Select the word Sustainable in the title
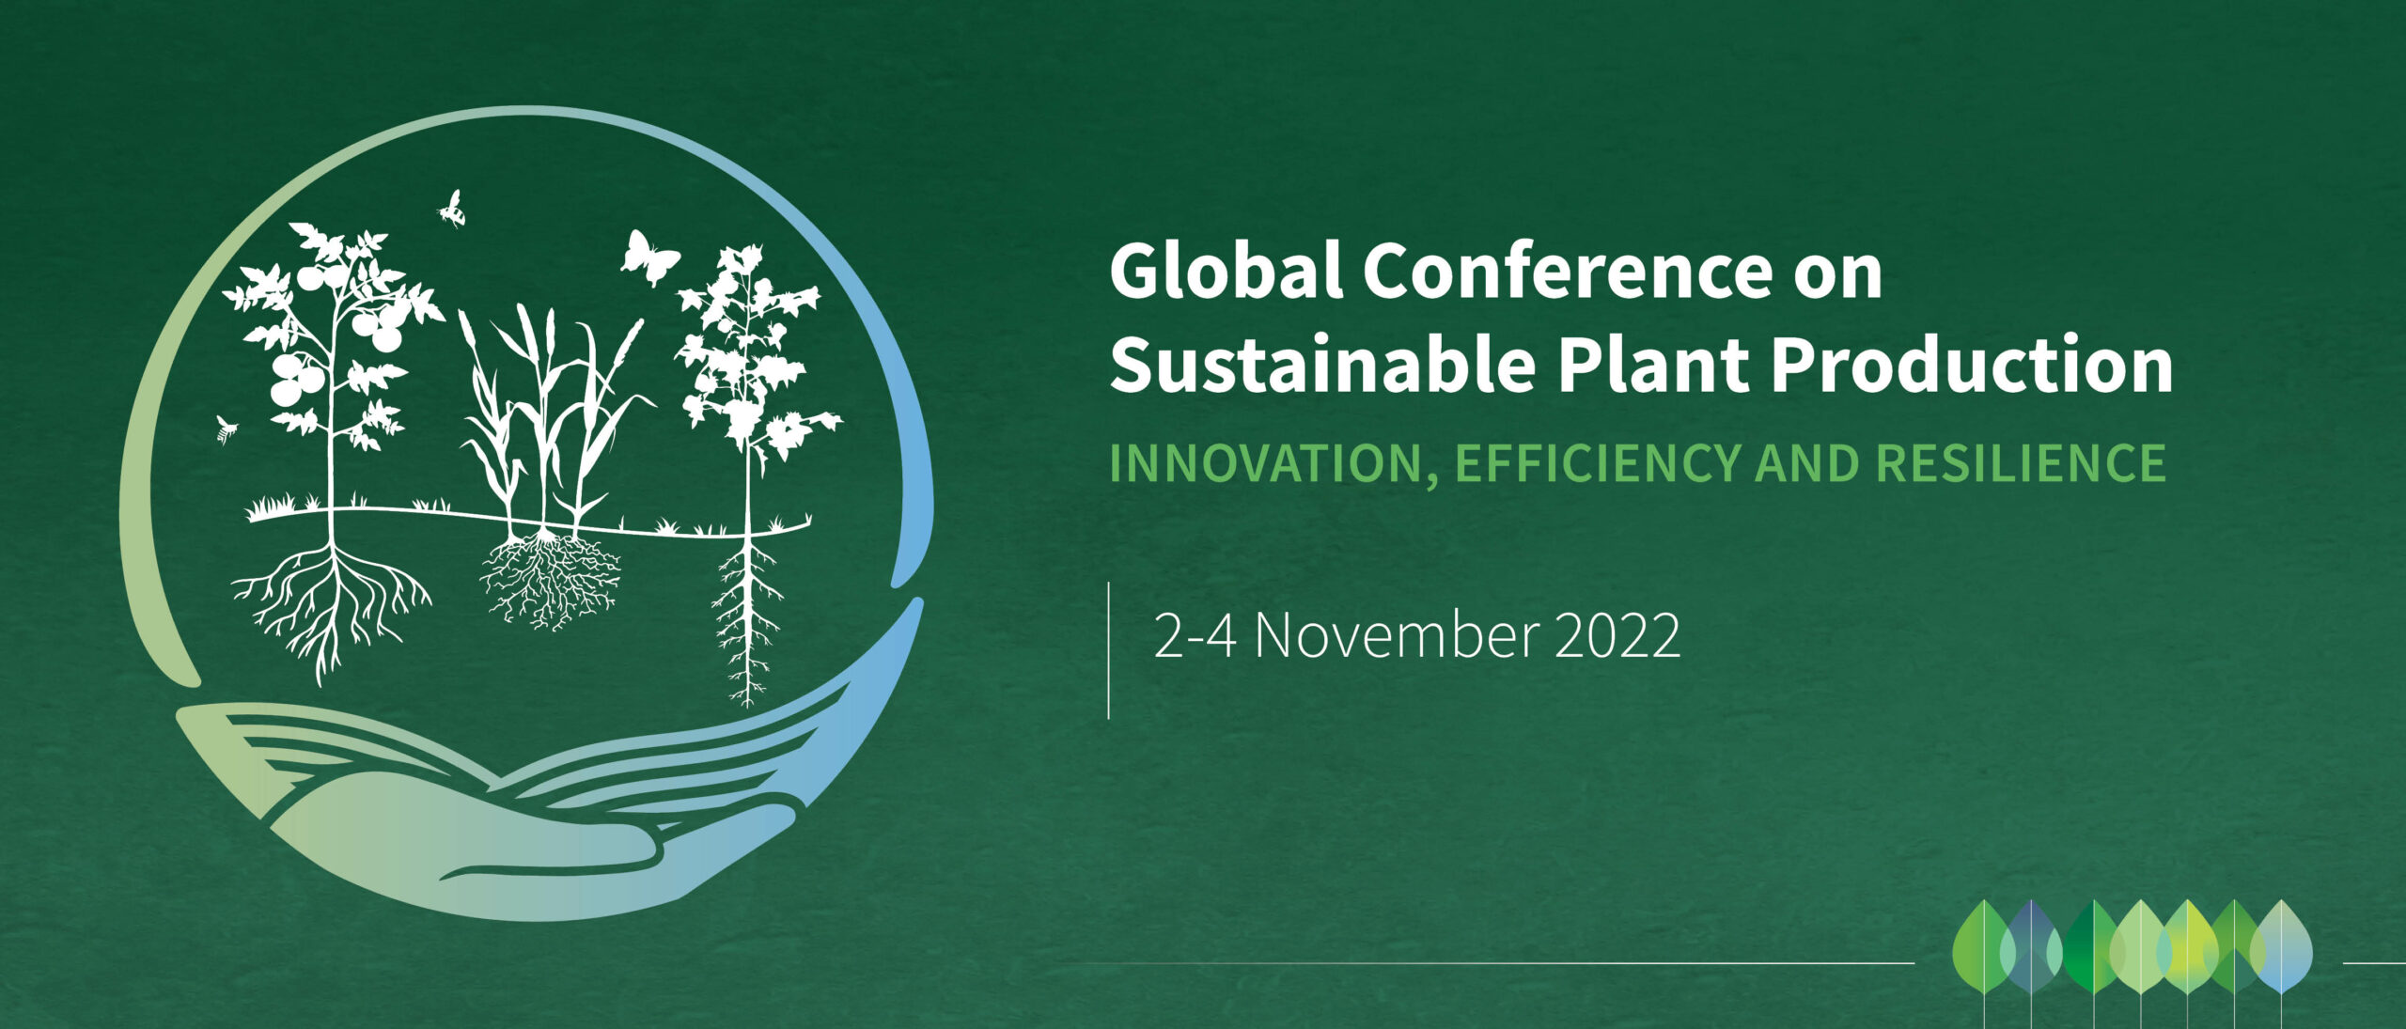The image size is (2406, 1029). pyautogui.click(x=1321, y=365)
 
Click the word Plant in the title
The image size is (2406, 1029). pyautogui.click(x=1652, y=365)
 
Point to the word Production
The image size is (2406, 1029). pyautogui.click(x=1972, y=365)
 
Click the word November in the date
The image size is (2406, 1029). pyautogui.click(x=1396, y=636)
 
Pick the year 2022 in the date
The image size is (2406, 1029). pyautogui.click(x=1617, y=636)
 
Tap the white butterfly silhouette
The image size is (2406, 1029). pyautogui.click(x=649, y=257)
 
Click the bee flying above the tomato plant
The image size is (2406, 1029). pyautogui.click(x=453, y=209)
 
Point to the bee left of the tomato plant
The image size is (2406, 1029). pyautogui.click(x=226, y=430)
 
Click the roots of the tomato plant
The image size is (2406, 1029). pyautogui.click(x=331, y=606)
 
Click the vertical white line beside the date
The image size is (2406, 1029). pyautogui.click(x=1109, y=650)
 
